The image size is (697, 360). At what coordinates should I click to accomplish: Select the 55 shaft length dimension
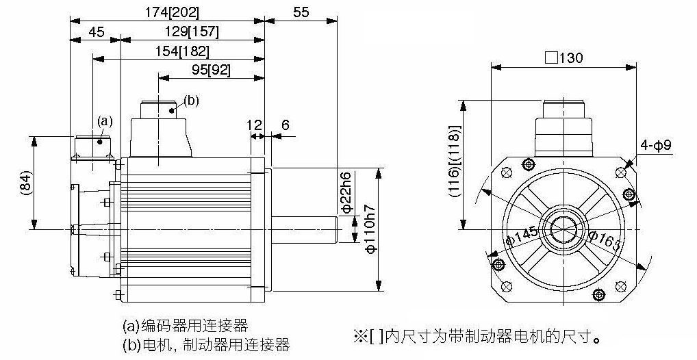pos(301,12)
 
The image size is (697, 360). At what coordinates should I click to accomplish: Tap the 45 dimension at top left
pos(97,32)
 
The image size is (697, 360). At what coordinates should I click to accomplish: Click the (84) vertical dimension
pos(26,183)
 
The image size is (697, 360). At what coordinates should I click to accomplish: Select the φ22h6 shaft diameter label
pos(346,192)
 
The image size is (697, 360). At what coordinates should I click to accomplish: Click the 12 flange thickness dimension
pos(254,125)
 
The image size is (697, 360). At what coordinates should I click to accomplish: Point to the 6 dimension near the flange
pos(285,125)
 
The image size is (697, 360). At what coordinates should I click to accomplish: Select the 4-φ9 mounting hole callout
pos(656,145)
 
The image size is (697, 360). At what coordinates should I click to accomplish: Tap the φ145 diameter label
pos(522,235)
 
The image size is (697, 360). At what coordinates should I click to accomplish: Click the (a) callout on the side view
pos(105,120)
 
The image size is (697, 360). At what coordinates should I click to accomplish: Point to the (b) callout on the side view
pos(191,101)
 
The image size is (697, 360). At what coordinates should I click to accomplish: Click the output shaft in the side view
pos(305,230)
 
